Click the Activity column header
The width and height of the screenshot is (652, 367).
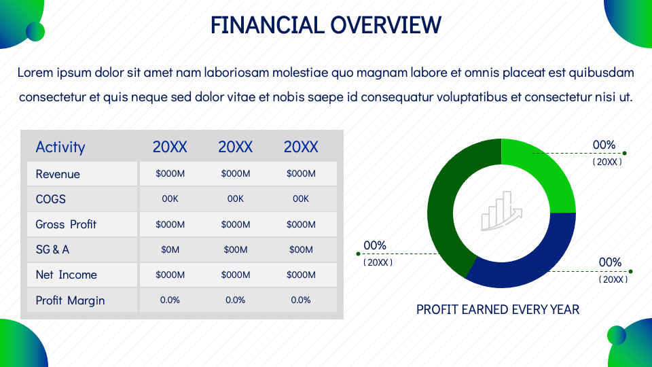point(60,147)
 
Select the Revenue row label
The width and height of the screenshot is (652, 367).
point(58,174)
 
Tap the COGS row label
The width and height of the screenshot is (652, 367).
point(51,199)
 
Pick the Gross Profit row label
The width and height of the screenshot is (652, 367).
point(66,224)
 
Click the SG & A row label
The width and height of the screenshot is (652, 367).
point(52,249)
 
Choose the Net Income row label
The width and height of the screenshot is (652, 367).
point(66,275)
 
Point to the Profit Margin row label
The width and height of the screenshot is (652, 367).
point(70,300)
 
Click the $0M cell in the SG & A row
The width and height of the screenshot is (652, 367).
point(170,249)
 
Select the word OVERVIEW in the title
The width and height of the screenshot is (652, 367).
point(386,24)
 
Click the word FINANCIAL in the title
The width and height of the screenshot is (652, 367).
point(268,24)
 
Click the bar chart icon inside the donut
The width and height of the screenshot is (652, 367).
point(501,211)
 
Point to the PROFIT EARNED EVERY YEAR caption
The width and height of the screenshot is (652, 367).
point(498,310)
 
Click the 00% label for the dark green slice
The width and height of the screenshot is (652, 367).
point(375,245)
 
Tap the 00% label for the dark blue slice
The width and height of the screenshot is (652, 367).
point(610,262)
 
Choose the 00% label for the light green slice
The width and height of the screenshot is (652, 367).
point(604,145)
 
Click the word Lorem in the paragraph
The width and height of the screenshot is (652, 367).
point(35,73)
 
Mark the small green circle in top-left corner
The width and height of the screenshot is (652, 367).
point(35,32)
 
